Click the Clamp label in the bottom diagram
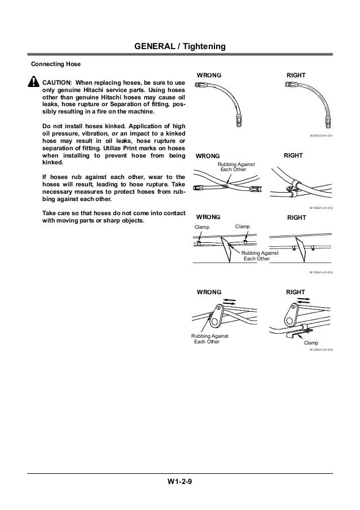311,343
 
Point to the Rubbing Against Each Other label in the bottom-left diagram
207,339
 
